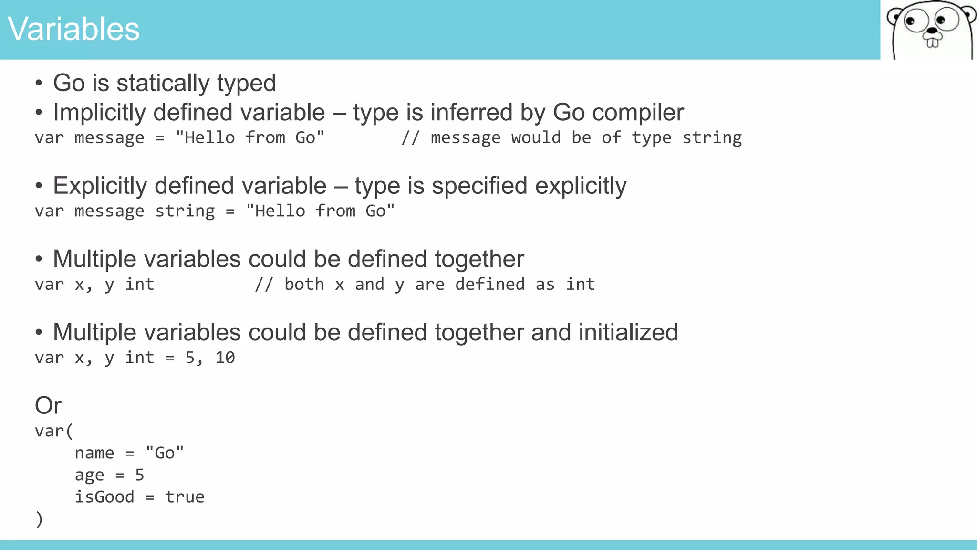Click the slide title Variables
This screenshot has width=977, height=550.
click(x=73, y=29)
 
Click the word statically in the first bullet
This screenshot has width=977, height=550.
click(x=163, y=83)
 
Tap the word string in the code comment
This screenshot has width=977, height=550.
click(x=712, y=138)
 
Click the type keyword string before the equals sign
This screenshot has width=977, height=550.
click(x=185, y=211)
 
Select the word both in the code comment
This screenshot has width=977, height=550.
click(x=304, y=285)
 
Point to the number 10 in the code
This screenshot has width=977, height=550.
click(x=225, y=358)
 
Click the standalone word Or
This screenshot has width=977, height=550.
click(x=48, y=406)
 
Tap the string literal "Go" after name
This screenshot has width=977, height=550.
click(x=165, y=453)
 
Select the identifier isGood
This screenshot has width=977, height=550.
click(x=104, y=497)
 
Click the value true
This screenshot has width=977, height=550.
click(x=185, y=497)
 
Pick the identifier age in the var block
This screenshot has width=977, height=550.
click(x=89, y=476)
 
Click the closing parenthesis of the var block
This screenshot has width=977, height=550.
click(x=39, y=519)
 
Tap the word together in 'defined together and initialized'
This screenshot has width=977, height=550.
click(x=479, y=332)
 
